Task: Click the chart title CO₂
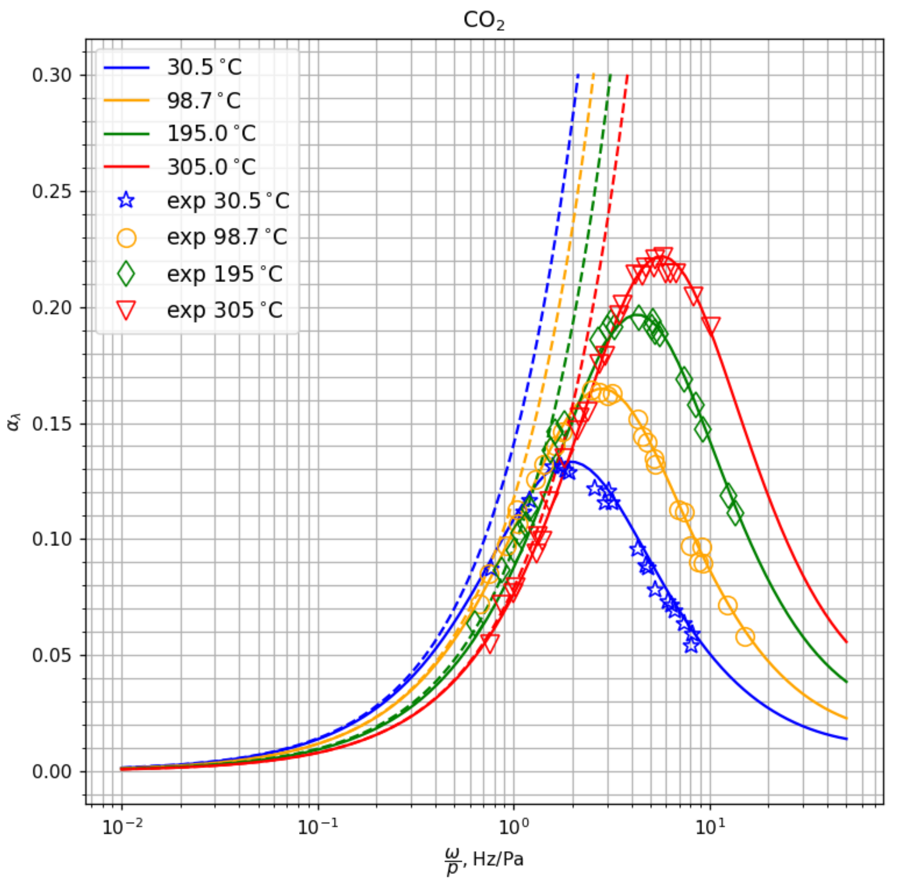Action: [483, 20]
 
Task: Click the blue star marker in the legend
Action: [126, 201]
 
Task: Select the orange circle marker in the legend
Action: [126, 238]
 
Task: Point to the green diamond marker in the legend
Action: [126, 274]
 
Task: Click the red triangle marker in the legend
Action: [126, 309]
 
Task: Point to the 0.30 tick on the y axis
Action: [52, 75]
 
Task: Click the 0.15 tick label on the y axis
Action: [52, 424]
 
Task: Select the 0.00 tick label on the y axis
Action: [52, 772]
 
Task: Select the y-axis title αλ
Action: [14, 423]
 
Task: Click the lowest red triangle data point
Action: [490, 643]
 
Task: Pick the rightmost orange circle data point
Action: [745, 636]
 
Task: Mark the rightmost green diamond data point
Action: [735, 514]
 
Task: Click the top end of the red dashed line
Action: [627, 75]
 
